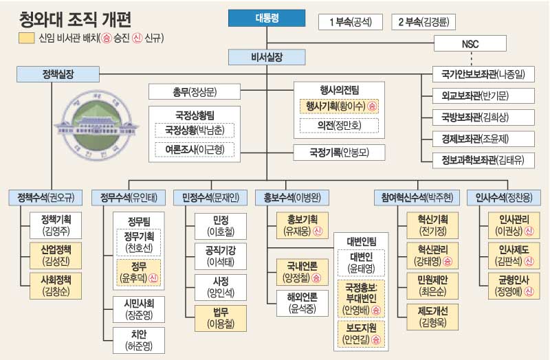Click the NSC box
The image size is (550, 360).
pos(470,44)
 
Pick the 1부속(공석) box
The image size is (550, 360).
pos(350,22)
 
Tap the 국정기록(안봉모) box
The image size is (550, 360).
pos(339,151)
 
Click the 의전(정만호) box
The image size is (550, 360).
pos(339,125)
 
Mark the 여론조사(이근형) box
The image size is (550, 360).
pos(195,148)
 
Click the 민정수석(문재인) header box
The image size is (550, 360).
pos(210,197)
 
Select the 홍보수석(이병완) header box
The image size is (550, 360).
pos(291,197)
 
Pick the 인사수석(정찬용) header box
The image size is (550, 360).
pos(503,197)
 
